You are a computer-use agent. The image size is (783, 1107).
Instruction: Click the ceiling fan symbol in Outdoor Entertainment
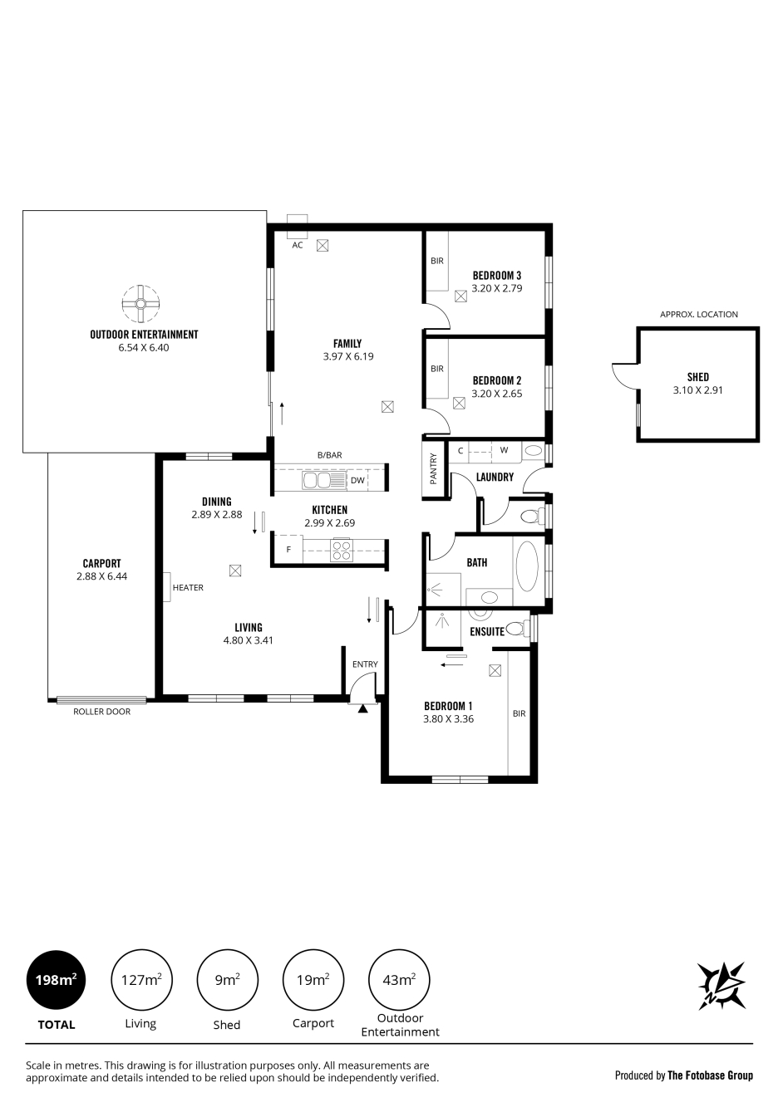click(x=141, y=303)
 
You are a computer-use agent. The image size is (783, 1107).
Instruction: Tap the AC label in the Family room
click(x=298, y=245)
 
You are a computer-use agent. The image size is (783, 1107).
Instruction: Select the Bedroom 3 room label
click(x=496, y=275)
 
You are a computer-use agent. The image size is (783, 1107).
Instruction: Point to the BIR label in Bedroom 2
click(x=436, y=369)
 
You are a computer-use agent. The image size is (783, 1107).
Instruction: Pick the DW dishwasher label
click(x=357, y=480)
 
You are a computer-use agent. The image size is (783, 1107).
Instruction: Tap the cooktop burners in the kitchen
click(x=342, y=550)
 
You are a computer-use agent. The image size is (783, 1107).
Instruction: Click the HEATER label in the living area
click(x=188, y=588)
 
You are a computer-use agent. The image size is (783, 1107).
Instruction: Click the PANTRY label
click(x=434, y=468)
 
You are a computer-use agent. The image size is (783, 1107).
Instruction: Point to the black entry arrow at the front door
click(x=363, y=709)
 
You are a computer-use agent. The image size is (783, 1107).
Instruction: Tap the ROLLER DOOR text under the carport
click(x=102, y=712)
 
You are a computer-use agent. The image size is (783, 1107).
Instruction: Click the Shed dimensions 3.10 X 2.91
click(x=697, y=390)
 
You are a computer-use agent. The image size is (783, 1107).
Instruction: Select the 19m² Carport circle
click(x=313, y=979)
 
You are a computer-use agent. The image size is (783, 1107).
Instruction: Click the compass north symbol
click(x=721, y=986)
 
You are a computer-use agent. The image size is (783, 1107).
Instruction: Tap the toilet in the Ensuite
click(x=518, y=629)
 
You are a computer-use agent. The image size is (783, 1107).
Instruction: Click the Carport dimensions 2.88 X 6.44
click(x=102, y=576)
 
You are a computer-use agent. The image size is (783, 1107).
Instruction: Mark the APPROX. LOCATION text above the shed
click(x=698, y=314)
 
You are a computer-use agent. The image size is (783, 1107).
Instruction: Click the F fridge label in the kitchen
click(x=289, y=550)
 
